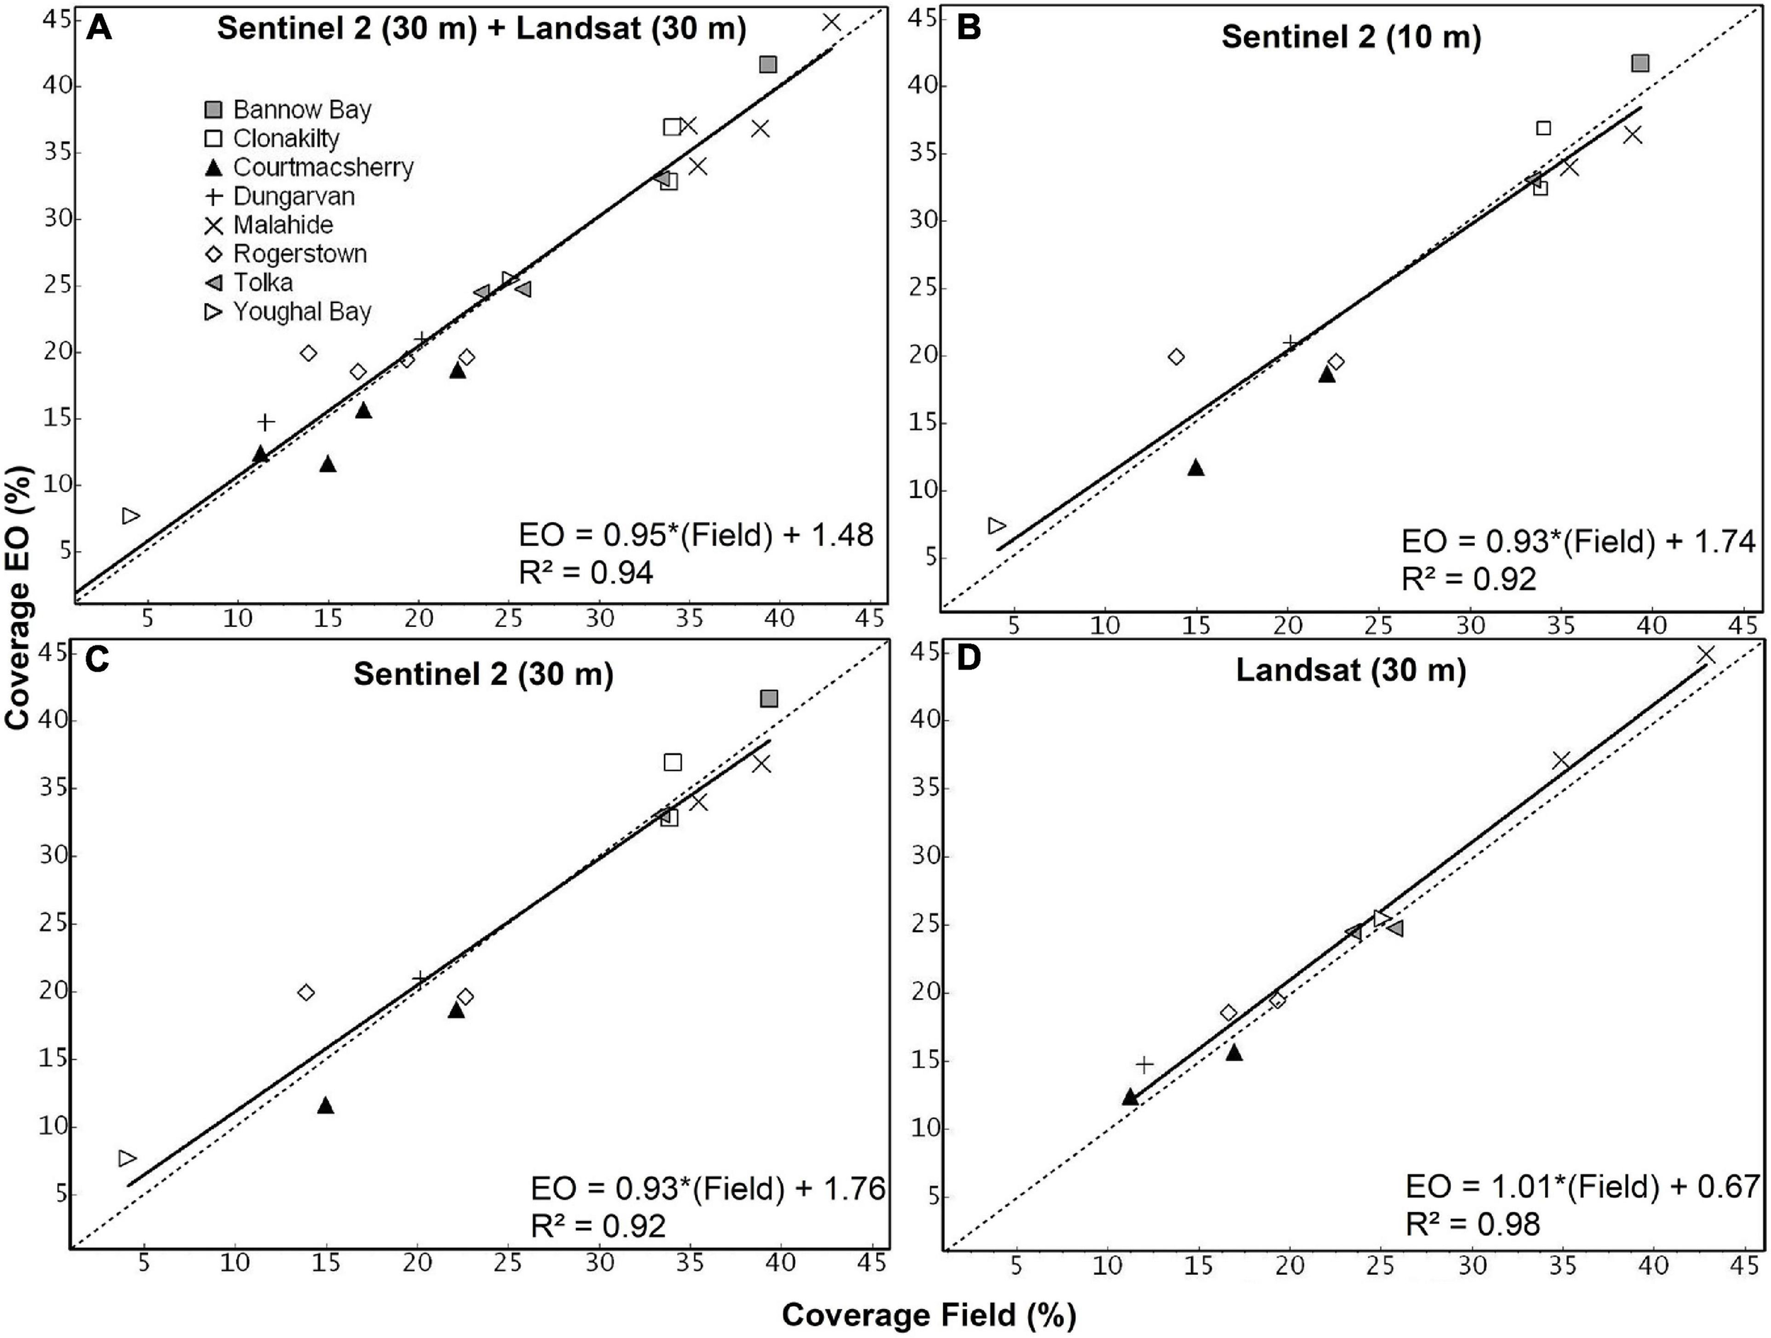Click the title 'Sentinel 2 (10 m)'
tap(1351, 38)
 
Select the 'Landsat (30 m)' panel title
tap(1351, 670)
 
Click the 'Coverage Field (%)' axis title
tap(929, 1315)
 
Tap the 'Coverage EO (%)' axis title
tap(18, 596)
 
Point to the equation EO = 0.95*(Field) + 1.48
tap(696, 535)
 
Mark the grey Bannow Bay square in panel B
tap(1640, 63)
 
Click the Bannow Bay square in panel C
tap(769, 699)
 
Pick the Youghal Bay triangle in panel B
tap(997, 526)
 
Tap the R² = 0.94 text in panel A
tap(586, 572)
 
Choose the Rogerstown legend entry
tap(300, 254)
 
